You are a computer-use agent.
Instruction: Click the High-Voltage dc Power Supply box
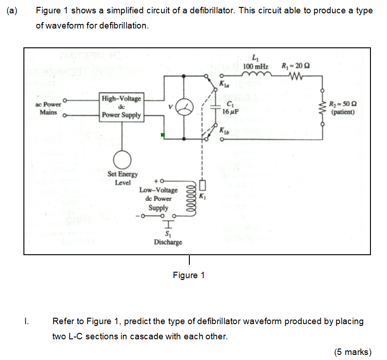click(122, 107)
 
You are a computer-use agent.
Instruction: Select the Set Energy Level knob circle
click(122, 160)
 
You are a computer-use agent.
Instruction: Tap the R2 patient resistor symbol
click(322, 109)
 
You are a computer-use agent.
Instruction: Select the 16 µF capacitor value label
click(229, 112)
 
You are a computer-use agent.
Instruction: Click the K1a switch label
click(224, 85)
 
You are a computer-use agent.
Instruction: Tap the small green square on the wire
click(162, 135)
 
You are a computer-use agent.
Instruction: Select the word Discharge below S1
click(168, 242)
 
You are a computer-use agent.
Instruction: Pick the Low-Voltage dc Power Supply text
click(158, 199)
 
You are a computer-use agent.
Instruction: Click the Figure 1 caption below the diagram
click(188, 275)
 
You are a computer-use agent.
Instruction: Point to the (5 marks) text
click(353, 352)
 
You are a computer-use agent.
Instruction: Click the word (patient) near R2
click(343, 111)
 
